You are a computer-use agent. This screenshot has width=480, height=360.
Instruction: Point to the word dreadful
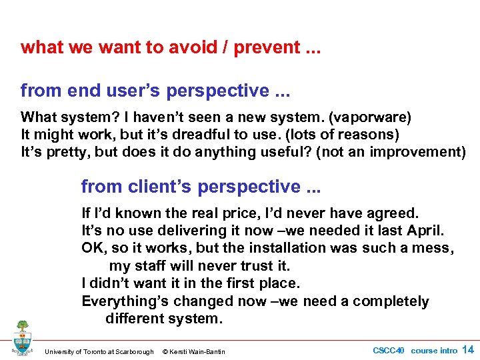217,135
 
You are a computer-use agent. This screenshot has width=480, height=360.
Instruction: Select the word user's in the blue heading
115,89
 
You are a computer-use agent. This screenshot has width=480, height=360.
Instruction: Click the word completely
391,301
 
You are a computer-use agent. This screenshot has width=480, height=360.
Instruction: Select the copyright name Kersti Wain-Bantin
198,351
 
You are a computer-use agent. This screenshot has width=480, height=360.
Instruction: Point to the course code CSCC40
388,351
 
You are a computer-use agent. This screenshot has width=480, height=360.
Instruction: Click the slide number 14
468,350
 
